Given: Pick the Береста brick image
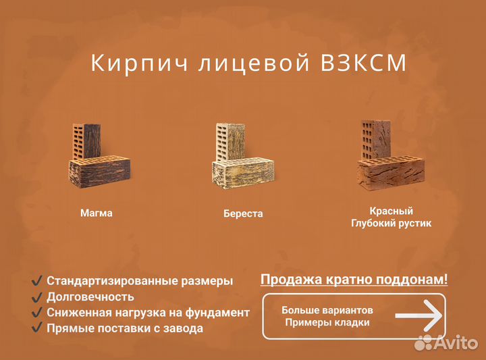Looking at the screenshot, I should (x=242, y=159).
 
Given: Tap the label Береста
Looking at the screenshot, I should (x=243, y=214).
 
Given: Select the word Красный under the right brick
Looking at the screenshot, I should (x=391, y=211).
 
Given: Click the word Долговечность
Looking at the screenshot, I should (x=90, y=297).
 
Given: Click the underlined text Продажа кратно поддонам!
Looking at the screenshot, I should (x=354, y=280).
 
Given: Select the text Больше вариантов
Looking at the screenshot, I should (x=327, y=310).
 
